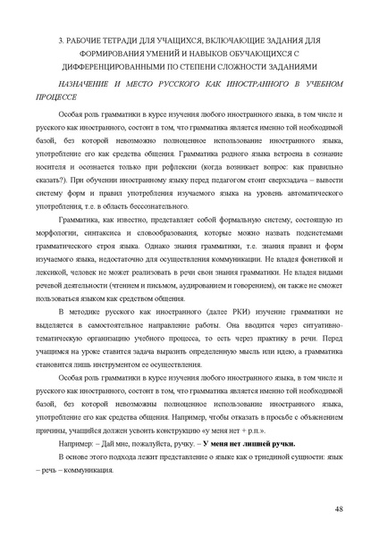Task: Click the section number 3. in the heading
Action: pos(62,40)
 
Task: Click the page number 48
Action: pos(340,508)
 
